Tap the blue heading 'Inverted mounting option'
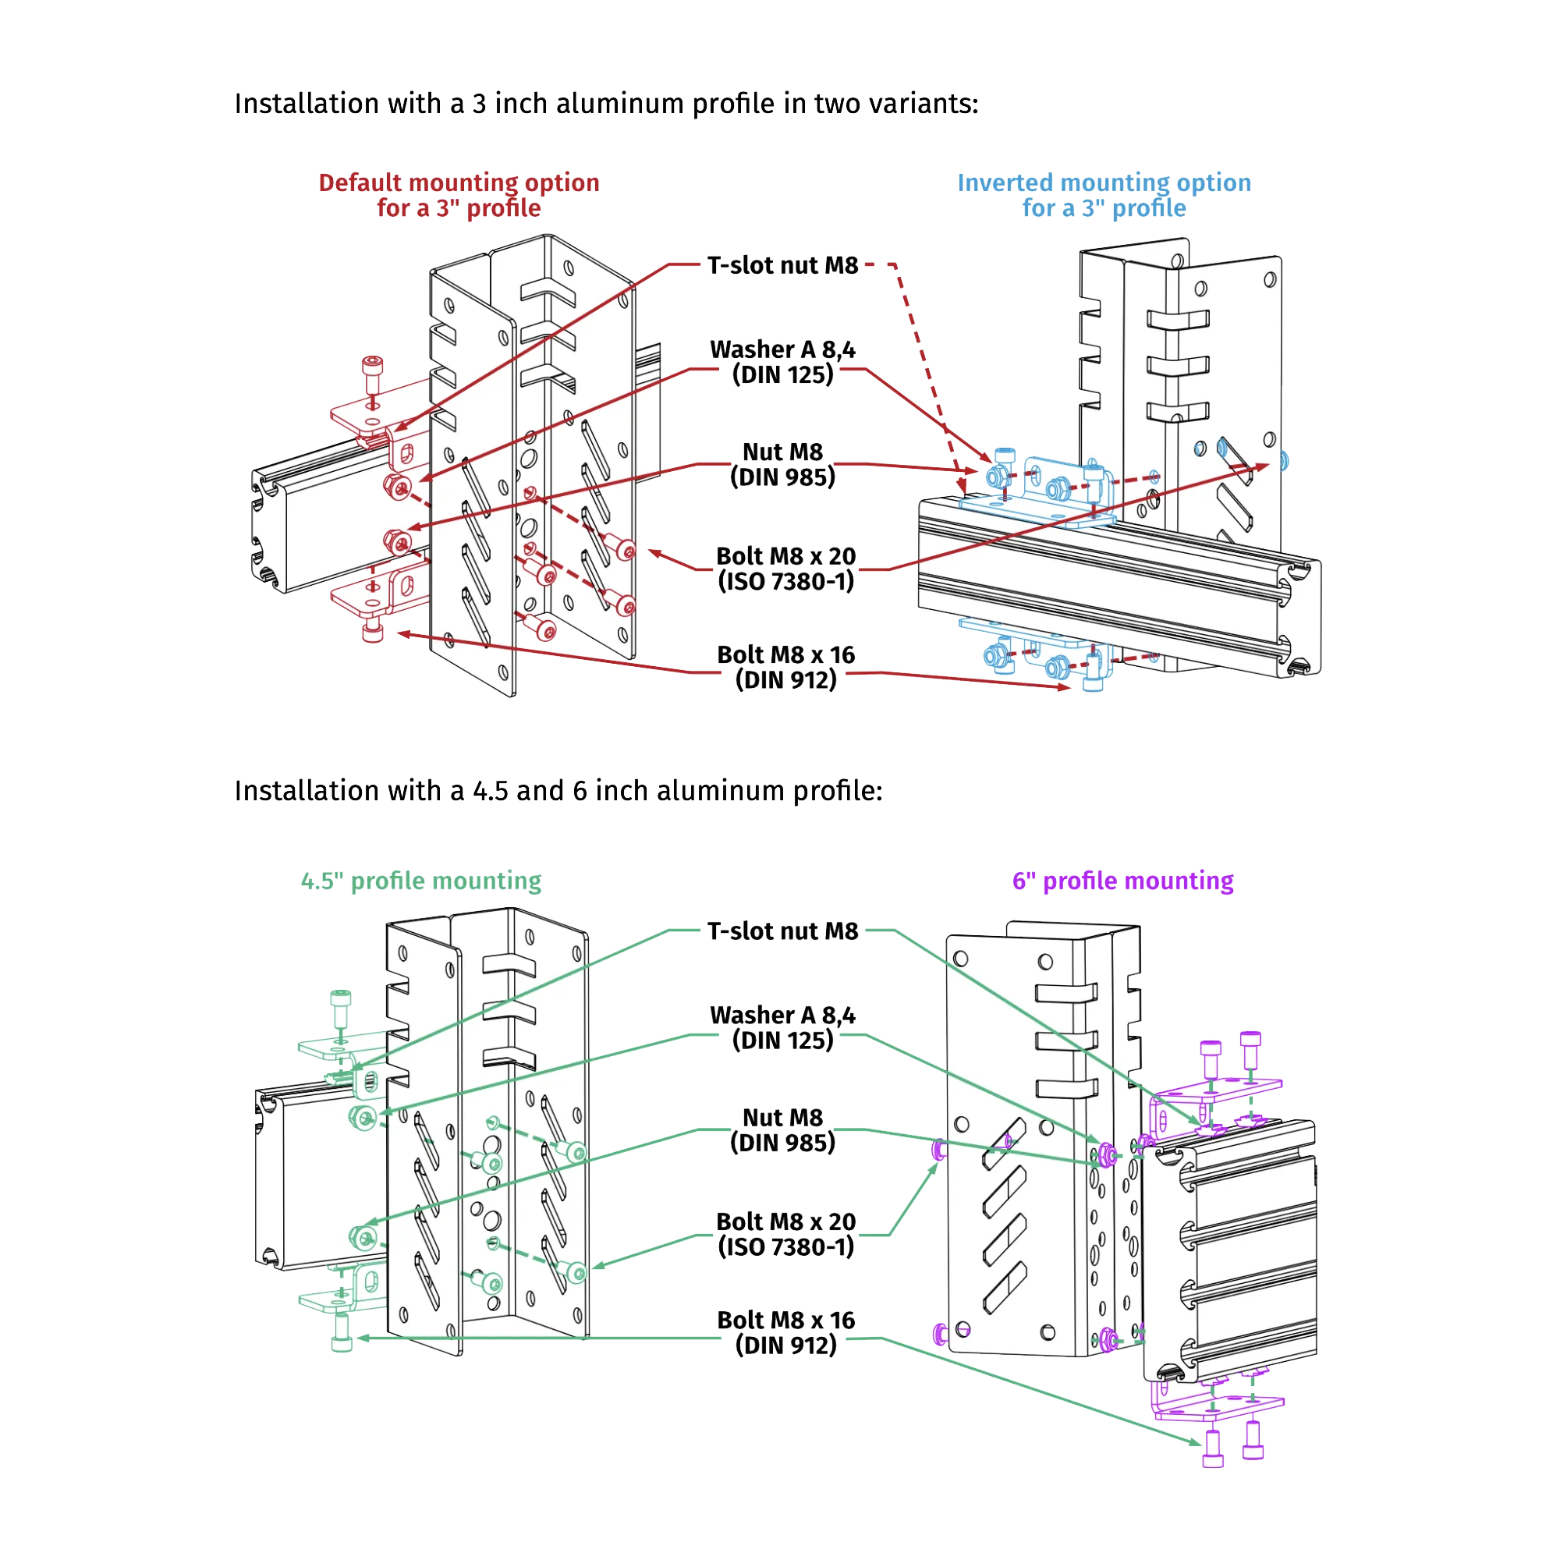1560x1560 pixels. click(1104, 183)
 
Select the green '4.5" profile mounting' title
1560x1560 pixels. click(420, 881)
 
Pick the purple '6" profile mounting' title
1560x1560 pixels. click(1122, 881)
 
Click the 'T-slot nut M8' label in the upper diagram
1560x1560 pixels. click(783, 266)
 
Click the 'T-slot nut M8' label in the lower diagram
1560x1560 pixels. click(783, 931)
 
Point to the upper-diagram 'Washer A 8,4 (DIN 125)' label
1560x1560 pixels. click(783, 362)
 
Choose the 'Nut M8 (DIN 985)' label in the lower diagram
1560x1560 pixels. click(783, 1130)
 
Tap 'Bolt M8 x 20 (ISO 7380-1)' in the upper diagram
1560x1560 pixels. click(785, 569)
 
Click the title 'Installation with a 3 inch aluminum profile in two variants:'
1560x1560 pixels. click(605, 105)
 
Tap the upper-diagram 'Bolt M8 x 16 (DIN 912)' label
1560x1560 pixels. click(785, 667)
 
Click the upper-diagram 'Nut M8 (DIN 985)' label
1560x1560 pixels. click(783, 464)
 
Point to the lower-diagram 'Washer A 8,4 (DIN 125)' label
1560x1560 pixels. click(783, 1027)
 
